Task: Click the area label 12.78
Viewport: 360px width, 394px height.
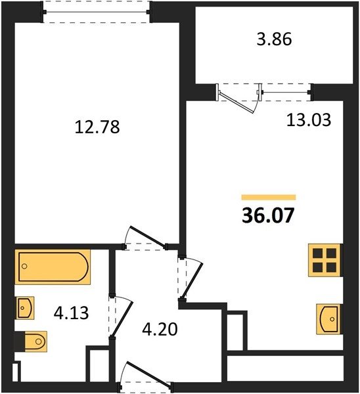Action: [97, 127]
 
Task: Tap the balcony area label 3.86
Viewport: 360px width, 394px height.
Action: [275, 39]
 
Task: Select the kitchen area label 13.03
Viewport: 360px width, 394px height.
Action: [309, 120]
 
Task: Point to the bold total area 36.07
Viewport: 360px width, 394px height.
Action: [268, 215]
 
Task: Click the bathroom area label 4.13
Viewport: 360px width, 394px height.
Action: [72, 313]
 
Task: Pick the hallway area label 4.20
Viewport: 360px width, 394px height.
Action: [160, 329]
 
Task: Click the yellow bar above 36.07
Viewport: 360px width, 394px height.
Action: [269, 197]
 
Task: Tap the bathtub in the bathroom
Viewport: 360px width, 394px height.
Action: [53, 267]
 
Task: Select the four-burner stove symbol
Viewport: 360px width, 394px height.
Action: [325, 260]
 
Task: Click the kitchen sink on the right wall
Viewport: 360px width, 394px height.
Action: [328, 319]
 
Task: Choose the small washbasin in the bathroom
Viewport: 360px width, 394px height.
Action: [25, 308]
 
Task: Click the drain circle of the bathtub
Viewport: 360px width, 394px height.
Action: [24, 266]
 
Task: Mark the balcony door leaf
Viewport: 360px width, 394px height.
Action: [236, 102]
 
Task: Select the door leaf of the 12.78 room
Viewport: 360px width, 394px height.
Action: [148, 236]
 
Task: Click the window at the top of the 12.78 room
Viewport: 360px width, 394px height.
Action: [97, 12]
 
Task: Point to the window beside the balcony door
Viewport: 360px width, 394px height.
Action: [285, 93]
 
